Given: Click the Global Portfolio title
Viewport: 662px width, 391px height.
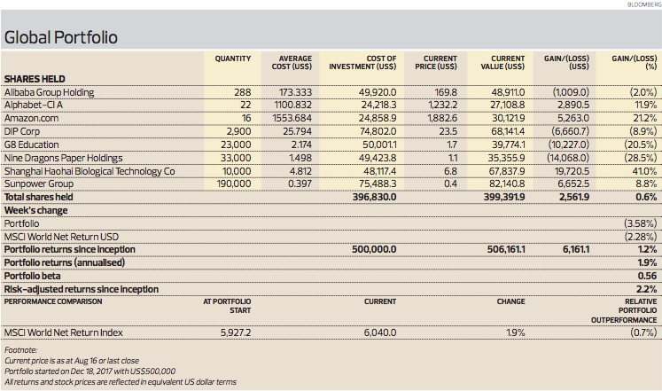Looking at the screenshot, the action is click(61, 37).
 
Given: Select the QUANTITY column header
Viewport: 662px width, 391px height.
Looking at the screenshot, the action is click(232, 59).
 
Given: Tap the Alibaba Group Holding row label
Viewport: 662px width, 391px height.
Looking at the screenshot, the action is click(49, 92).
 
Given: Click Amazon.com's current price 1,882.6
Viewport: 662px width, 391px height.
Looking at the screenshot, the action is click(442, 118).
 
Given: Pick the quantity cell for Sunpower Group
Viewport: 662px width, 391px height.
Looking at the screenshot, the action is click(234, 184).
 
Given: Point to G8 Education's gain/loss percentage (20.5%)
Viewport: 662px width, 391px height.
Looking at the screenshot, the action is click(641, 145).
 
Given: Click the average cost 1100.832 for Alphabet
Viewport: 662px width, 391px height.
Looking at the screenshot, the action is click(292, 106).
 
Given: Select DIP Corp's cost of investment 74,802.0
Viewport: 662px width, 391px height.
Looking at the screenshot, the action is click(378, 131).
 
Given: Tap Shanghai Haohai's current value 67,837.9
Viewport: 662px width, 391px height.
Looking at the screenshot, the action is click(507, 171).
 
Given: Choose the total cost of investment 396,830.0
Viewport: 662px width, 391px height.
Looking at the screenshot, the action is click(375, 197).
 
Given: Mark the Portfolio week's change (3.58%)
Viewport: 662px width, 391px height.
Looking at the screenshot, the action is click(641, 223).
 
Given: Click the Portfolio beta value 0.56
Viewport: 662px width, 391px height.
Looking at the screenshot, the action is click(647, 276).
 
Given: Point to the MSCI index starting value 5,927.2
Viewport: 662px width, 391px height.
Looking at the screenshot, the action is click(236, 332).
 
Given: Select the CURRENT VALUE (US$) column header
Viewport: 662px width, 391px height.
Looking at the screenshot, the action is click(502, 62).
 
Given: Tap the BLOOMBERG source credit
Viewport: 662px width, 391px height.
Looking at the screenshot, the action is click(644, 4).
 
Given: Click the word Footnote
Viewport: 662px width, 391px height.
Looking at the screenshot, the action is click(20, 350).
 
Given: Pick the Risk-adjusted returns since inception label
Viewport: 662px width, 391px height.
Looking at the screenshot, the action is click(82, 290).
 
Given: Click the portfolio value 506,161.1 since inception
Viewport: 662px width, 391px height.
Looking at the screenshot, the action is click(506, 249).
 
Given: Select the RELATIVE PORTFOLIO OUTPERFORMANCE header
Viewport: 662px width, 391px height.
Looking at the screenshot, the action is click(624, 311).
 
